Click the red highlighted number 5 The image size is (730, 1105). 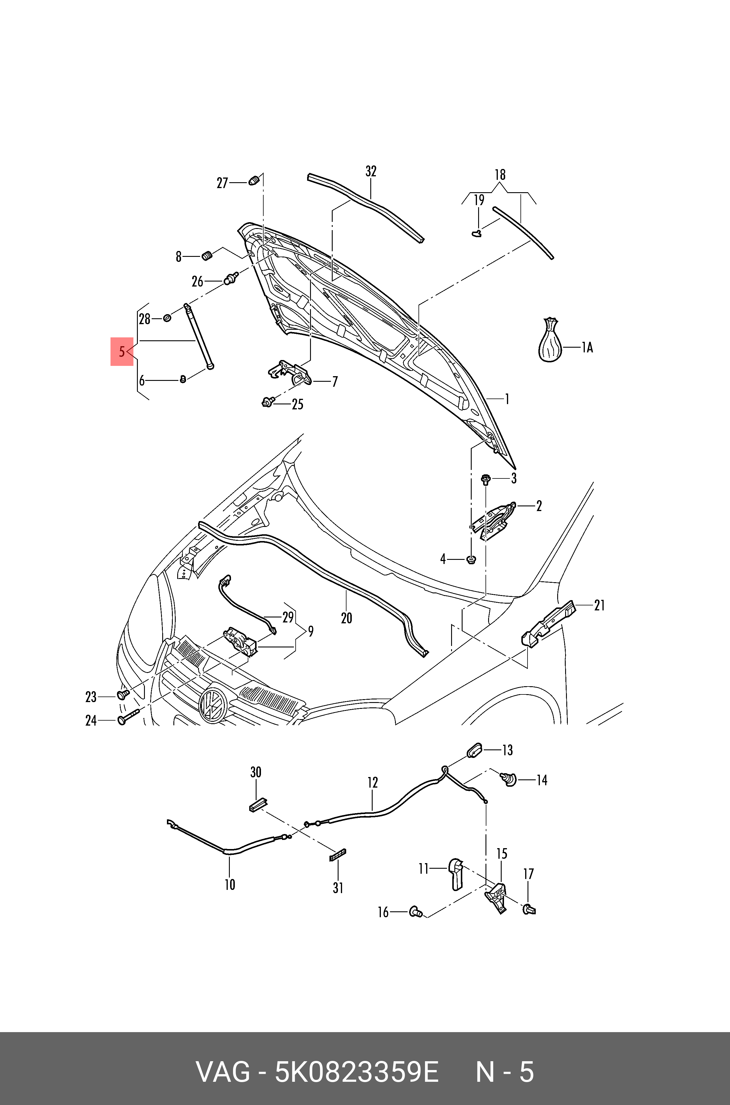point(121,351)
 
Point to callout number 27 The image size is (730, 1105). point(222,183)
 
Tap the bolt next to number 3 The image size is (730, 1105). point(485,479)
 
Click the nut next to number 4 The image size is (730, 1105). point(471,559)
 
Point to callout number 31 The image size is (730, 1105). point(338,888)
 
